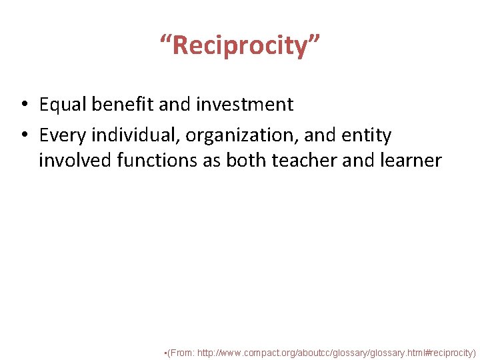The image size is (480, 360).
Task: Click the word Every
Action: tap(63, 135)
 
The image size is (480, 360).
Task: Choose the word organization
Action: tap(242, 136)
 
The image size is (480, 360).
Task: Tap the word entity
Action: tap(367, 135)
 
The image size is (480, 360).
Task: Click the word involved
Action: tap(74, 161)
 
